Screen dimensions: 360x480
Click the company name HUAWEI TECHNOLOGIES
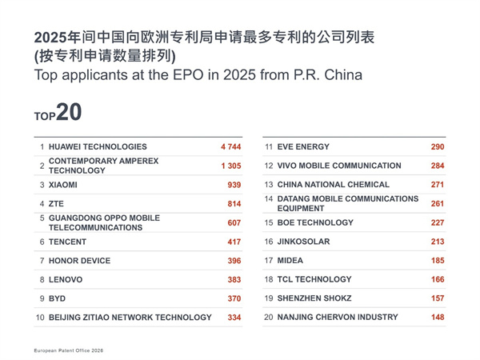point(98,147)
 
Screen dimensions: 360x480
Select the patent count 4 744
point(230,147)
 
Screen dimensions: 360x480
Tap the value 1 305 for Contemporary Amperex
point(230,166)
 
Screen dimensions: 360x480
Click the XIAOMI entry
point(63,185)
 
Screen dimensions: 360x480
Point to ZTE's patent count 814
point(234,204)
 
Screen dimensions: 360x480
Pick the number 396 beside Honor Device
point(234,261)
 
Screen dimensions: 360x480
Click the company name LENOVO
point(66,280)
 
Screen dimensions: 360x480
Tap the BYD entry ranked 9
point(58,298)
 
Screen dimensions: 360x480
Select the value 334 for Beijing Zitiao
point(234,318)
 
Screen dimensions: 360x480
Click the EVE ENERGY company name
point(303,147)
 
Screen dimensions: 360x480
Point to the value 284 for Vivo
point(437,166)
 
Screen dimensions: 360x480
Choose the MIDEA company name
point(290,261)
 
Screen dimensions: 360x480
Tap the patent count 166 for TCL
point(437,280)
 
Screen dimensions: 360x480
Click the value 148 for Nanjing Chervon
point(437,318)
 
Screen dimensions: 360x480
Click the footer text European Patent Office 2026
point(69,350)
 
